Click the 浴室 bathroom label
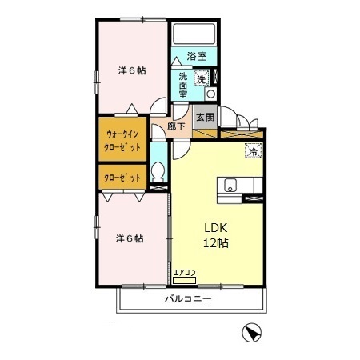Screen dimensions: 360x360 click(x=197, y=56)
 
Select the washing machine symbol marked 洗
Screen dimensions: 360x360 click(x=202, y=78)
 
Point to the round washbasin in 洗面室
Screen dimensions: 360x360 click(x=211, y=94)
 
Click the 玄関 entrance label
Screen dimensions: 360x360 click(x=205, y=117)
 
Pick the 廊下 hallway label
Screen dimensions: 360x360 click(x=176, y=126)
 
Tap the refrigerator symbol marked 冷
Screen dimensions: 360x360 click(x=254, y=150)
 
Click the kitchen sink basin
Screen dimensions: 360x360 click(x=230, y=185)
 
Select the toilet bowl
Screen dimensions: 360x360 click(x=158, y=171)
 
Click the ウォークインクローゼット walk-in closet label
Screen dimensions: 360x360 click(x=122, y=140)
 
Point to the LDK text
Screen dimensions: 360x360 click(x=216, y=228)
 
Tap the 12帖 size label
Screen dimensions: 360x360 click(x=216, y=243)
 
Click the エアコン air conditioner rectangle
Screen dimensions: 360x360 click(x=184, y=280)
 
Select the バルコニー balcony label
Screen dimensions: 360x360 click(x=188, y=298)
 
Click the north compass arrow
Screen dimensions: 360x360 click(x=251, y=332)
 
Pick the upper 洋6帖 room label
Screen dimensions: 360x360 click(x=132, y=70)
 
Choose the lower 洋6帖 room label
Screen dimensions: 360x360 click(x=130, y=238)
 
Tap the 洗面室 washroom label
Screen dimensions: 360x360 click(x=183, y=86)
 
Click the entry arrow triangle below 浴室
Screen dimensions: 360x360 click(x=176, y=61)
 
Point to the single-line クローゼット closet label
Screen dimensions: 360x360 click(x=122, y=178)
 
